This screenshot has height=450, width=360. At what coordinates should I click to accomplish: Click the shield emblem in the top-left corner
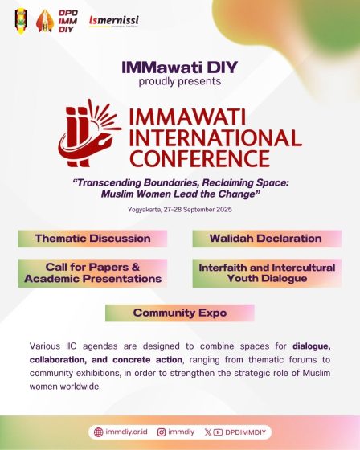[20, 19]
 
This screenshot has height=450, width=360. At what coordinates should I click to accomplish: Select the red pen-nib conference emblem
[87, 132]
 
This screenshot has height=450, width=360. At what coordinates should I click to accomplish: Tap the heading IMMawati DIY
[179, 67]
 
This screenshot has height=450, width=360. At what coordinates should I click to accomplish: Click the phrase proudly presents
[179, 81]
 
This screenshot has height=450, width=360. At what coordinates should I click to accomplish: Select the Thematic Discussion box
[93, 239]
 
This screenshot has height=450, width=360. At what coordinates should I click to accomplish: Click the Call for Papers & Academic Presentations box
[93, 273]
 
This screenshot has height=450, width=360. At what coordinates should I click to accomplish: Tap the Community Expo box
[179, 313]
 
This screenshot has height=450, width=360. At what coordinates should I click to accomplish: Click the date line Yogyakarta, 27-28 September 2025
[179, 209]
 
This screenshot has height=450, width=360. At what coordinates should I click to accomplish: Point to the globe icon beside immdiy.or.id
[99, 432]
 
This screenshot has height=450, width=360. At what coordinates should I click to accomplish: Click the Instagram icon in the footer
[162, 432]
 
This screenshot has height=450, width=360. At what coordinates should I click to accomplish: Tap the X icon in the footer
[209, 432]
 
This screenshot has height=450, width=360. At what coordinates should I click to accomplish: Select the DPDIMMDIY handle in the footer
[248, 432]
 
